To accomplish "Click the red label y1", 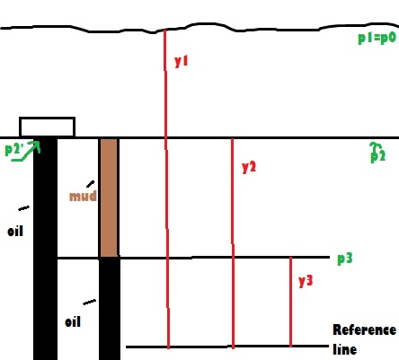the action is tap(181, 61).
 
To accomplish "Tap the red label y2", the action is tap(249, 167).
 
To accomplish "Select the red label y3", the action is tap(306, 281).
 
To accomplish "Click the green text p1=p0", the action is tap(377, 39).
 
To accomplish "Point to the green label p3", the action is tap(345, 259).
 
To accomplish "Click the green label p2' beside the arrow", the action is tap(13, 149).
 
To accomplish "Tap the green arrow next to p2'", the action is tap(25, 151).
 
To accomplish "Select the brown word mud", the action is tap(83, 196).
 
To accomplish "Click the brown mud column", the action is tap(109, 198).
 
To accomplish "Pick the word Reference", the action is tap(365, 329).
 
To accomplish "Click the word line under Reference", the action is tap(345, 349).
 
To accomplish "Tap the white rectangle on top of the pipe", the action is tap(47, 127).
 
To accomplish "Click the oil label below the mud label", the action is tap(73, 321).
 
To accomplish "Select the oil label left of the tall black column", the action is tap(15, 231).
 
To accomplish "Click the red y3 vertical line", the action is tap(290, 302).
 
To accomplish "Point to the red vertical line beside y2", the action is tap(233, 243).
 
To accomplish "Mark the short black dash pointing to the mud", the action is tap(90, 184).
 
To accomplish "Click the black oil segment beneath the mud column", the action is tap(110, 308).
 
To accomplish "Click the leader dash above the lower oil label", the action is tap(90, 303).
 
